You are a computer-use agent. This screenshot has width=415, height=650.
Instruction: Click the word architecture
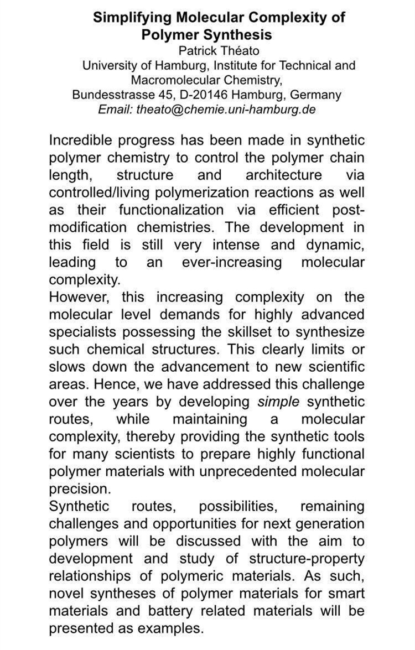[283, 175]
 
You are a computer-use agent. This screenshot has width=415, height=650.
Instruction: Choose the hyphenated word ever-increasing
[232, 262]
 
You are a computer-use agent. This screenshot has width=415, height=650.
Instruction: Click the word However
[76, 297]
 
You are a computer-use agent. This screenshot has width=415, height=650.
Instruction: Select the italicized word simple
[279, 401]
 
